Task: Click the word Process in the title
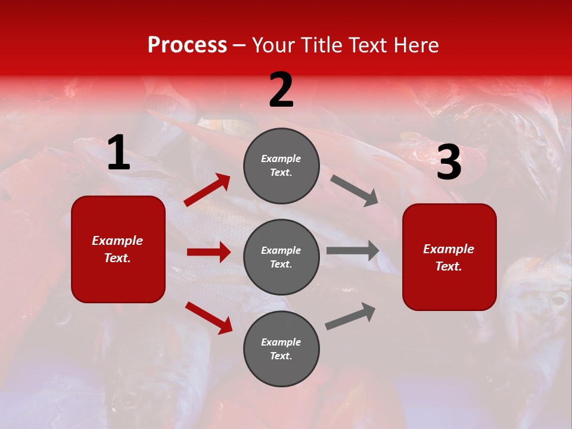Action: (x=187, y=45)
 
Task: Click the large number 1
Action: (x=119, y=153)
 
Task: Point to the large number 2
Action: (x=281, y=91)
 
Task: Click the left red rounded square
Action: (x=118, y=249)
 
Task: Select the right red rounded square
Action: (x=449, y=257)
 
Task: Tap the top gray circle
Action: (x=281, y=166)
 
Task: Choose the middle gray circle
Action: (x=281, y=257)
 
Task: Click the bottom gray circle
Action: (x=281, y=349)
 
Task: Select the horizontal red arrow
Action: (x=209, y=252)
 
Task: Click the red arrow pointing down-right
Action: (x=209, y=318)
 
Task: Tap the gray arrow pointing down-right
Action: (x=355, y=191)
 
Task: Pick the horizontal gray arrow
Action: (x=353, y=251)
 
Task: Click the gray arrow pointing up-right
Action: (x=350, y=316)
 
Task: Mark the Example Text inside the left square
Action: (x=117, y=249)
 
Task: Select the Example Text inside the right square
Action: (x=449, y=257)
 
